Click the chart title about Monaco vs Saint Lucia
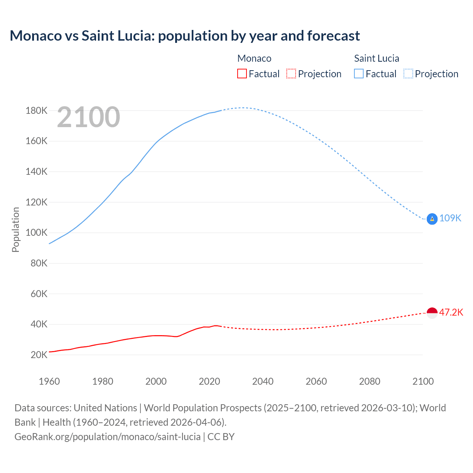(185, 36)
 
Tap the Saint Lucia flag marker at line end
(432, 219)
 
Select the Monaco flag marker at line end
(432, 313)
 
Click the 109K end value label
(450, 218)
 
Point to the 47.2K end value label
(451, 312)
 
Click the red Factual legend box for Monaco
(242, 74)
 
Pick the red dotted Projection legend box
(291, 74)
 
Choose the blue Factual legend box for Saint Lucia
(359, 74)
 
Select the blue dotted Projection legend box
(408, 74)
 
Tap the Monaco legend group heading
(254, 58)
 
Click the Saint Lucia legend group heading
(377, 58)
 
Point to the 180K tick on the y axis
(37, 110)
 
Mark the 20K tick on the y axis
(39, 355)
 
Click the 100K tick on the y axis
(37, 232)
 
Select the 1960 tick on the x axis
(49, 381)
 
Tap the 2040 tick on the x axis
(263, 381)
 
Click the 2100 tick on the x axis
(423, 381)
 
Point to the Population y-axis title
(16, 229)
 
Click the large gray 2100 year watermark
(88, 117)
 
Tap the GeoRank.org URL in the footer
(108, 437)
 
